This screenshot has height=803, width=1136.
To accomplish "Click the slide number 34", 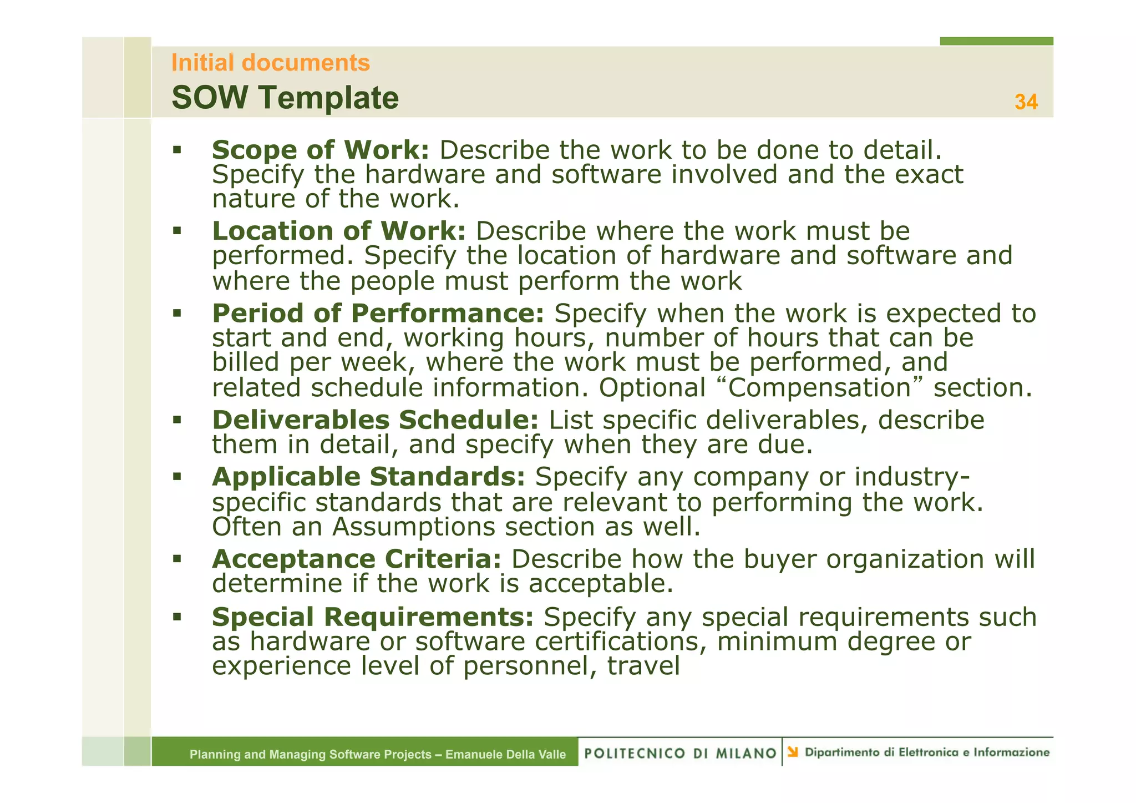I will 1026,102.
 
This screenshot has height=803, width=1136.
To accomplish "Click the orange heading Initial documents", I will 270,63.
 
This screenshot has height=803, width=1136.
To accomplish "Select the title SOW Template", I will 285,98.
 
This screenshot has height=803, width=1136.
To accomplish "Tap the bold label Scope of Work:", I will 320,150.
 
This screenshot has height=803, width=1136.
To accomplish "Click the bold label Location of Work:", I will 338,231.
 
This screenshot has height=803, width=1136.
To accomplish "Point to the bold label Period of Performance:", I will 378,313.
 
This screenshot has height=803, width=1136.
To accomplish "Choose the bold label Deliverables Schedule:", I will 375,420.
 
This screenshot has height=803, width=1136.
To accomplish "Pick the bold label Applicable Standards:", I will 368,477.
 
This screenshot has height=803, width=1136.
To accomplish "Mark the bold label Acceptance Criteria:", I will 357,559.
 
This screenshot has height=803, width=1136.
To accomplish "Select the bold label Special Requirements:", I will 372,617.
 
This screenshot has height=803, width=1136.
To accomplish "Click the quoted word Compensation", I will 819,387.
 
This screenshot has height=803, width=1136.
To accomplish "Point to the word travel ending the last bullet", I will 643,666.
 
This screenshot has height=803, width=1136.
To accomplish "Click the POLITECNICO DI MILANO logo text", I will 680,753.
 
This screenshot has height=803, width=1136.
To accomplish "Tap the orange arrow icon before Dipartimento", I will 793,753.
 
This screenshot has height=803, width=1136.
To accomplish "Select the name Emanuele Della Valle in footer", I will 505,754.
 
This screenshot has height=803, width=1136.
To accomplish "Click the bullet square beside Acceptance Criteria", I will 177,558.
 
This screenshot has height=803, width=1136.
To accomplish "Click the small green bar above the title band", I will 996,41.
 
